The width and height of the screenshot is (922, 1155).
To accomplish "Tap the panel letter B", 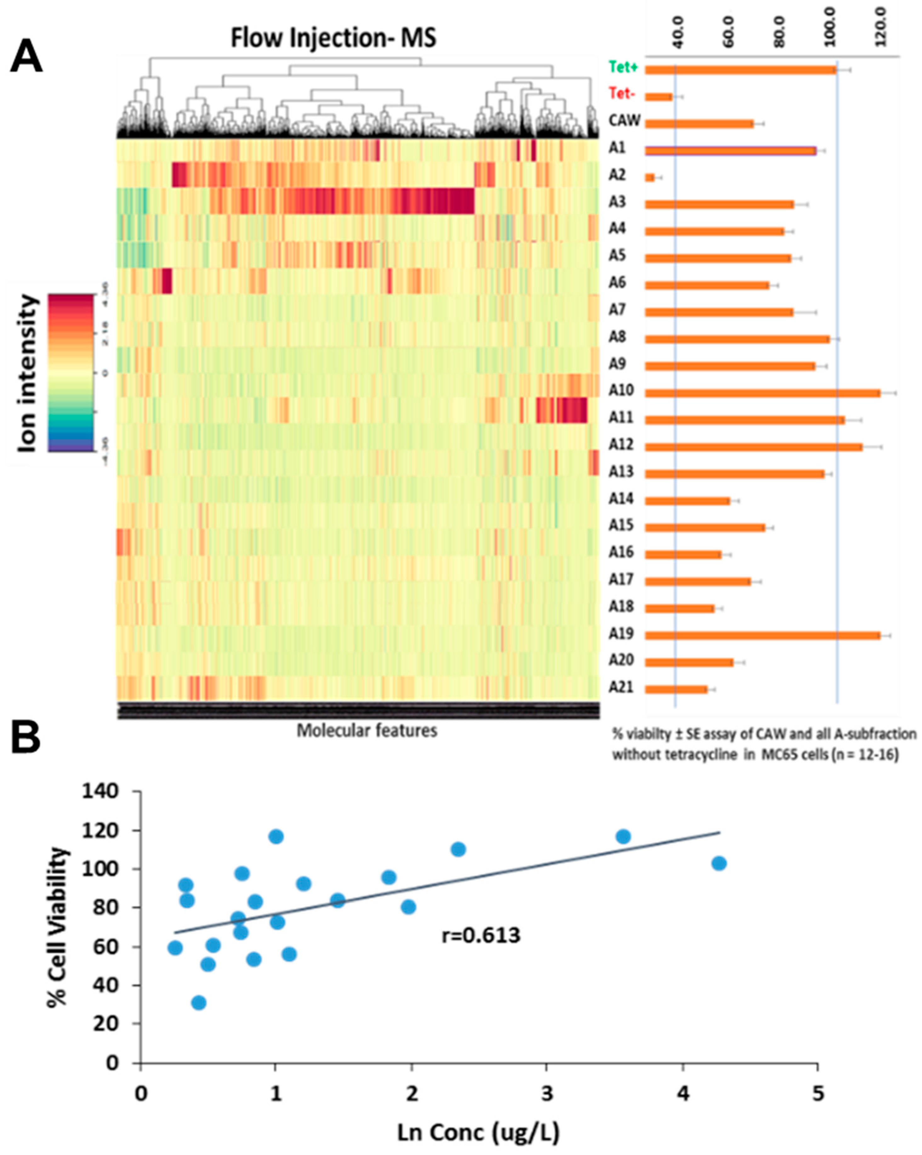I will coord(26,739).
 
